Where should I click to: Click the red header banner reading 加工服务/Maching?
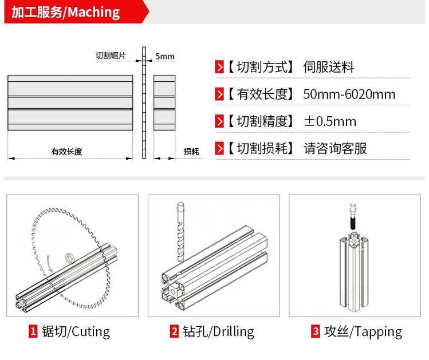[x=76, y=11]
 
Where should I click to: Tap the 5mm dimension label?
[x=165, y=56]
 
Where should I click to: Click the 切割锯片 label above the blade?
[x=111, y=56]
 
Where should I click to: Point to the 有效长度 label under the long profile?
[x=67, y=152]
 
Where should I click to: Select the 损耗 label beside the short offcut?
[x=191, y=152]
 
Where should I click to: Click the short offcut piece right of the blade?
[x=164, y=102]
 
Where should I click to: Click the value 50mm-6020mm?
[x=349, y=94]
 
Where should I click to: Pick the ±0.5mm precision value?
[x=330, y=121]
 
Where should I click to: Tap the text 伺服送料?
[x=329, y=67]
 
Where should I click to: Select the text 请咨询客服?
[x=335, y=148]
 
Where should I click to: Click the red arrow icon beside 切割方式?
[x=219, y=67]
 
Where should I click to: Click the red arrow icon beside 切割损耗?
[x=219, y=148]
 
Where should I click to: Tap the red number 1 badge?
[x=33, y=331]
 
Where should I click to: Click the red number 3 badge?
[x=316, y=331]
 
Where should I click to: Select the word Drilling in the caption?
[x=233, y=332]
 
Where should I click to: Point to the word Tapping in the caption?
[x=379, y=332]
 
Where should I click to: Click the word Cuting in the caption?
[x=90, y=332]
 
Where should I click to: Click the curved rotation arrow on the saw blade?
[x=49, y=263]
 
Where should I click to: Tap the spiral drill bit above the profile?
[x=181, y=232]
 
